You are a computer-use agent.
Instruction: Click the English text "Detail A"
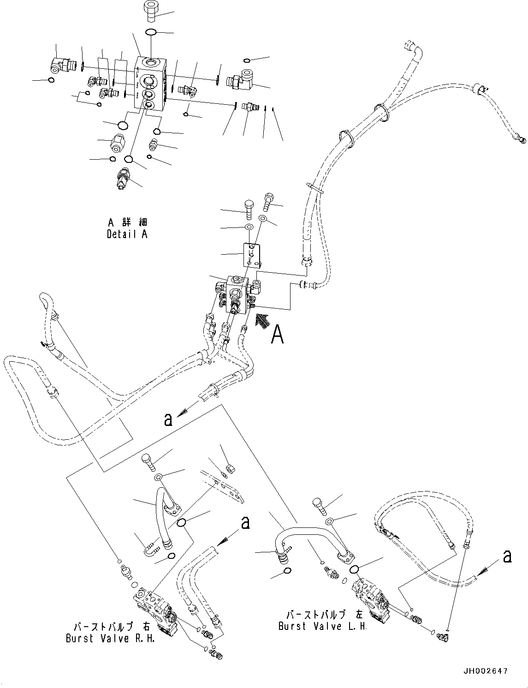coord(127,234)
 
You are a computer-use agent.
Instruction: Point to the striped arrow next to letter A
coord(261,319)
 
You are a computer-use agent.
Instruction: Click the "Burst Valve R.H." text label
coord(110,639)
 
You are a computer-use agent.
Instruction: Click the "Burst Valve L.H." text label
coord(323,626)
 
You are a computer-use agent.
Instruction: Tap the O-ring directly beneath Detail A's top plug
coord(150,32)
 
